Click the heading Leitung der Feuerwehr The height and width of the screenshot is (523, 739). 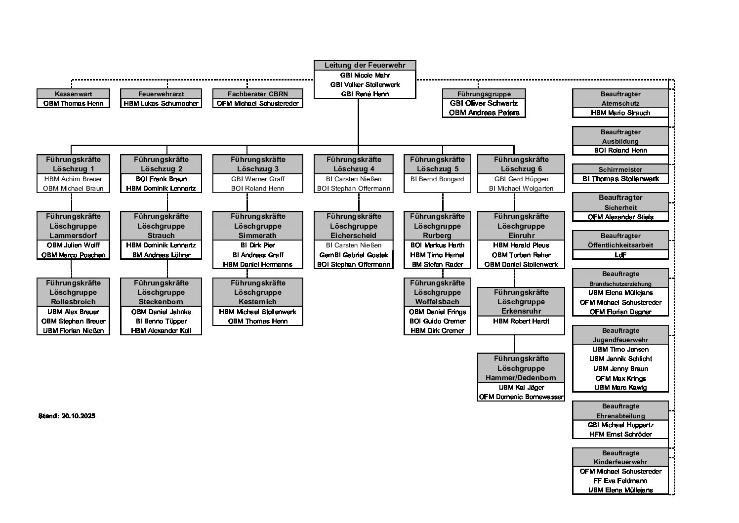coord(365,65)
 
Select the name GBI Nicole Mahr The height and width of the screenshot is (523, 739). coord(365,75)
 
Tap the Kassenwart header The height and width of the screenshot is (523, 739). coord(73,94)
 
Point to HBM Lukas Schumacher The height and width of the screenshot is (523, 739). coord(161,103)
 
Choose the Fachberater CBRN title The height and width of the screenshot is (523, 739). coord(258,94)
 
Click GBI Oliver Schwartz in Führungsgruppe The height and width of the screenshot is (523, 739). coord(484,103)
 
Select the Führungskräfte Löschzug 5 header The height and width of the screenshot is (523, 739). coord(437,164)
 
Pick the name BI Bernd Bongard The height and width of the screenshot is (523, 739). coord(437,179)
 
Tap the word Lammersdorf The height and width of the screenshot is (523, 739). coord(73,236)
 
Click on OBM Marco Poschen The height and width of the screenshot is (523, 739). coord(73,255)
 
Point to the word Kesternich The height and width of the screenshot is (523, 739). coord(258,302)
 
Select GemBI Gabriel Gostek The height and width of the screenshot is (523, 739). coord(354,255)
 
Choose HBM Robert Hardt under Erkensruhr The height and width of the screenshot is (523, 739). coord(521,321)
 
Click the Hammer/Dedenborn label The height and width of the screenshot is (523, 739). coord(521,378)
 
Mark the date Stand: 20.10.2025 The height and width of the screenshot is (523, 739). coord(67,416)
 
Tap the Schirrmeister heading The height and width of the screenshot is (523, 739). coord(620,169)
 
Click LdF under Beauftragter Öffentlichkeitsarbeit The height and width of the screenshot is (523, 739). coord(620,255)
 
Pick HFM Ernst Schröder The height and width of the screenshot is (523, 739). coord(620,434)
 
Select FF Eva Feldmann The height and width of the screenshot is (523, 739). coord(620,481)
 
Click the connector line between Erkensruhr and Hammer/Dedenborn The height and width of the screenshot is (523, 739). coord(514,344)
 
